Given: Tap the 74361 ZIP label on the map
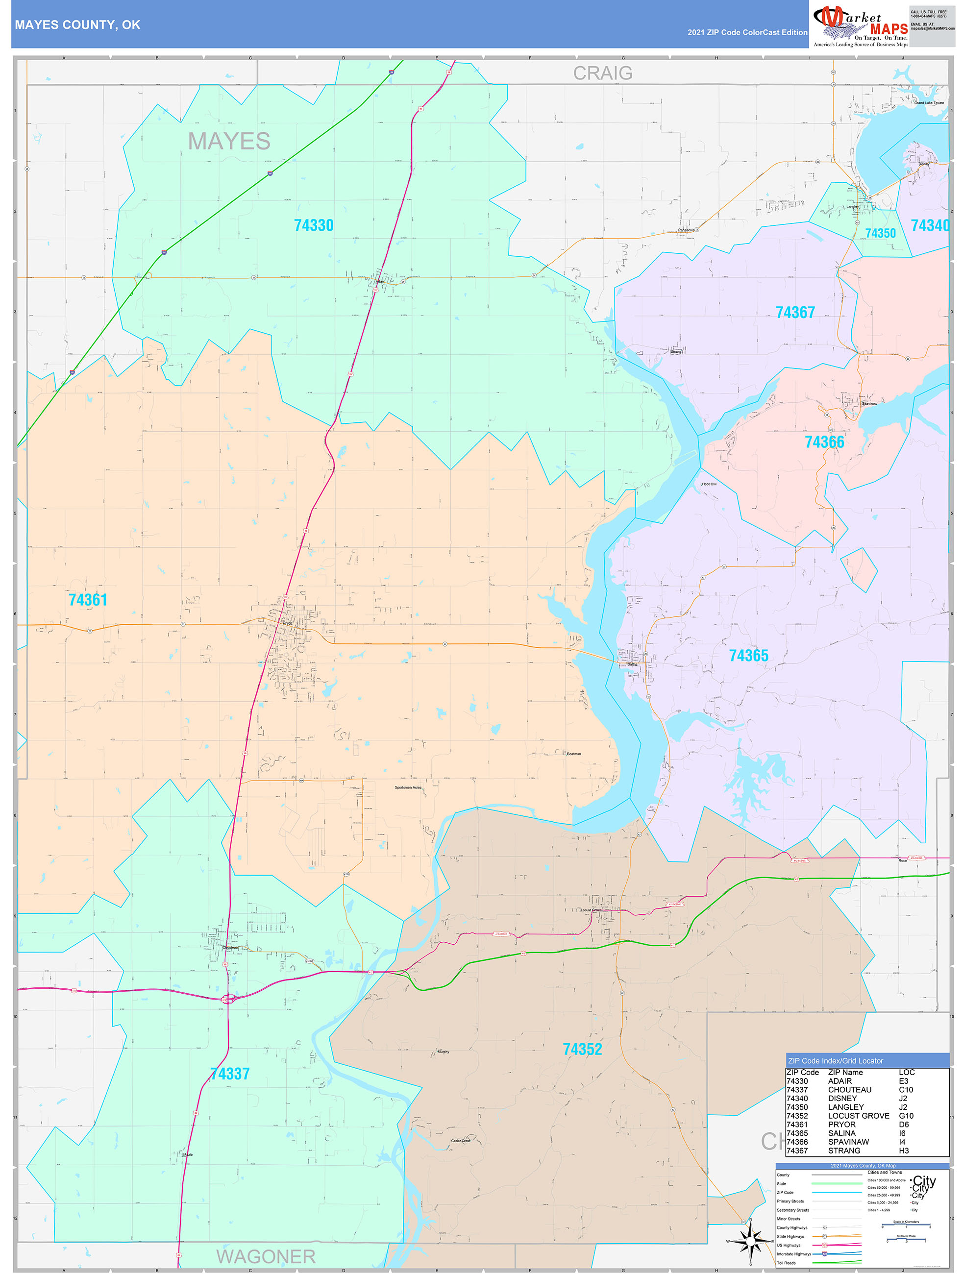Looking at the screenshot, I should coord(88,600).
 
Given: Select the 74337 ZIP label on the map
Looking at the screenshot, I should coord(230,1074).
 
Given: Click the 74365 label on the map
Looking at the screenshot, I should coord(748,656).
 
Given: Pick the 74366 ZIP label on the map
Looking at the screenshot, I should coord(824,442).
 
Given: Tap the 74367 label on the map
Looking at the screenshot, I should coord(795,312).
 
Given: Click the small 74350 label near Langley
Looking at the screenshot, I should coord(880,233).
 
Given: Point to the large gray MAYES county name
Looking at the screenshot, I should coord(229,141).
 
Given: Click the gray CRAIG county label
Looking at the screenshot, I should coord(602,73).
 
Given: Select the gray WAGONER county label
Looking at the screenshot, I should coord(266,1256).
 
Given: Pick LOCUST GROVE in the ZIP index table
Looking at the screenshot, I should coord(858,1116).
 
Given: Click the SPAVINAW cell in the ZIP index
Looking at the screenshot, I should coord(848,1142).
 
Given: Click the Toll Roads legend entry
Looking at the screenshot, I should coord(786,1263).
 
